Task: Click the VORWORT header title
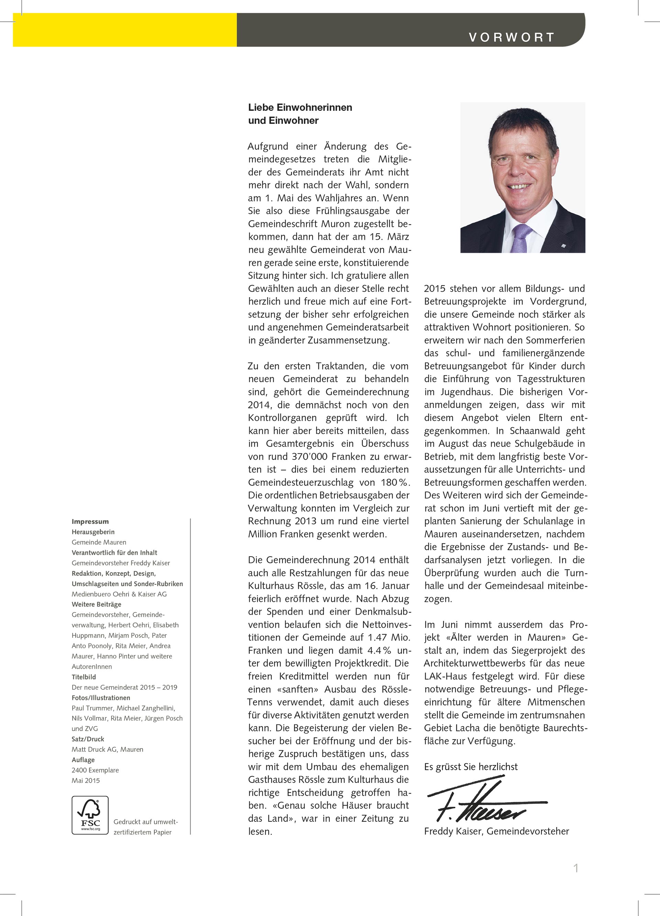click(x=511, y=37)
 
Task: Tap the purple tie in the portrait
click(x=521, y=238)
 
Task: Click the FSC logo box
click(x=90, y=815)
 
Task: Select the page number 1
click(x=576, y=868)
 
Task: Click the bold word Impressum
click(x=90, y=521)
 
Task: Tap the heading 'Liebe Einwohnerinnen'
click(x=300, y=107)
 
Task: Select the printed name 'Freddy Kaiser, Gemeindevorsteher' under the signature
click(x=496, y=831)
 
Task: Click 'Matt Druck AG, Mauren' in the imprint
click(x=107, y=749)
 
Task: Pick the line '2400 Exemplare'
click(x=95, y=770)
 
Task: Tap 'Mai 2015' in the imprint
click(x=86, y=780)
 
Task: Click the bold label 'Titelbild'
click(x=84, y=677)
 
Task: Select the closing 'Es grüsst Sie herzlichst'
click(x=471, y=767)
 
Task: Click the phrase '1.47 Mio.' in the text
click(x=389, y=637)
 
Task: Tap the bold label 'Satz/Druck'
click(x=88, y=739)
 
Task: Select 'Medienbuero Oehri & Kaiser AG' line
click(x=119, y=594)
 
